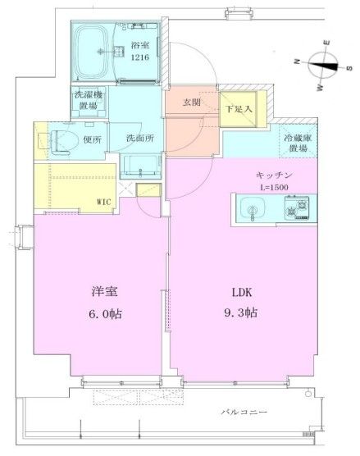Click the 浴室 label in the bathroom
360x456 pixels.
(139, 47)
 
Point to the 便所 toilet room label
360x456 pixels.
(93, 139)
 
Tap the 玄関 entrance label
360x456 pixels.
(192, 102)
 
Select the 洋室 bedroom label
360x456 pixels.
(102, 291)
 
